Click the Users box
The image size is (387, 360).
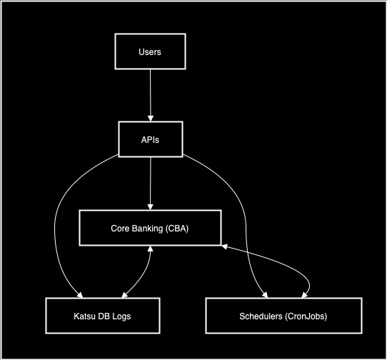pos(150,52)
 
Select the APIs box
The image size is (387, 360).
pos(150,139)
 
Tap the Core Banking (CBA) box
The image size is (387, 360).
pos(150,228)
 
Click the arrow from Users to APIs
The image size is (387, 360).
pos(150,93)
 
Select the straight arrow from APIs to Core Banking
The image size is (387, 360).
pos(150,182)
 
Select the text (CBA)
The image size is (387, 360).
pos(176,228)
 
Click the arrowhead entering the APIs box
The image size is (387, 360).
pos(150,117)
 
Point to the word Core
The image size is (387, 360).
pos(119,228)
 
